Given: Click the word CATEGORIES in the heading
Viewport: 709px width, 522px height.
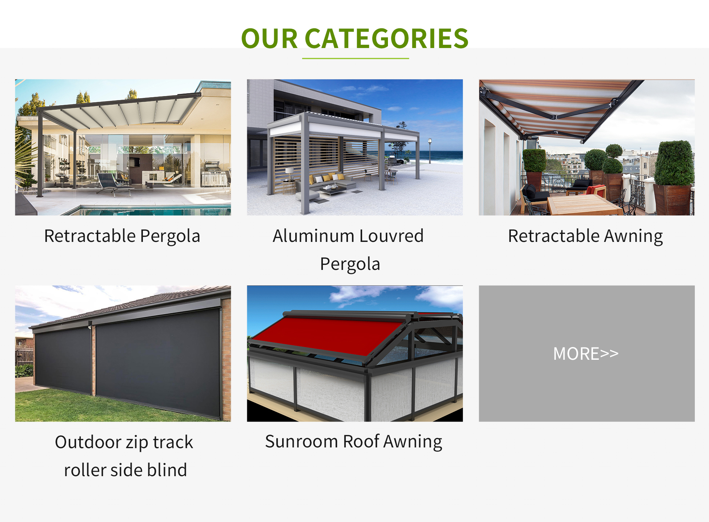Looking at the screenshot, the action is [x=386, y=38].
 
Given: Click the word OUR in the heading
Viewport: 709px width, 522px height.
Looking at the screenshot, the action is [x=269, y=38].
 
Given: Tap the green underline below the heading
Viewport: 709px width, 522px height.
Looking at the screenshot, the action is [x=355, y=58].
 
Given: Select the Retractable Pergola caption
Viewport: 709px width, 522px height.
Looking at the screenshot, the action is [x=122, y=236].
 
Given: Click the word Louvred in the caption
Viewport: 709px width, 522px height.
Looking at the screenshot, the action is [x=392, y=236].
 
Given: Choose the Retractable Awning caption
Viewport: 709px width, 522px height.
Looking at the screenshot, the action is [x=585, y=236].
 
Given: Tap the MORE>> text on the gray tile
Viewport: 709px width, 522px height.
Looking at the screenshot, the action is [x=586, y=354].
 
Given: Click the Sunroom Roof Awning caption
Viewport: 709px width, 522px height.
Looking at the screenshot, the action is [x=353, y=442].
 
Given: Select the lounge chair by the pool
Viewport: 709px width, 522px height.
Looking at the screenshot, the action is [x=113, y=184].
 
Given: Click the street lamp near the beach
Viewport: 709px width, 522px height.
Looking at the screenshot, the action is [x=430, y=150].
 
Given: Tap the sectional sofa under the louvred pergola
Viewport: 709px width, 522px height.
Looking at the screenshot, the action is [x=327, y=182].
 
